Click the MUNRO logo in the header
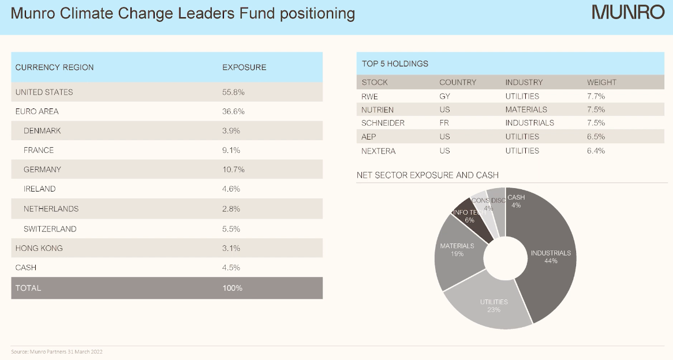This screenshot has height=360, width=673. tap(628, 12)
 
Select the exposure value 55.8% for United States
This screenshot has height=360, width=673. tap(234, 92)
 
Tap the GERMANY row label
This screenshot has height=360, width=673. tap(42, 170)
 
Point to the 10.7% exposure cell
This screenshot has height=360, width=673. tap(234, 170)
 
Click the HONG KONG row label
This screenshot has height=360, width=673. tap(39, 248)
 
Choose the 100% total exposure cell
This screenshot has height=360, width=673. tap(233, 288)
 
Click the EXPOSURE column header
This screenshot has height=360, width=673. tap(244, 67)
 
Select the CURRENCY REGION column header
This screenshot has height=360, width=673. tap(54, 67)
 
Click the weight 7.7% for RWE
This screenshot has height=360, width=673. tap(596, 96)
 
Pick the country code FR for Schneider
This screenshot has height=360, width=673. tap(444, 123)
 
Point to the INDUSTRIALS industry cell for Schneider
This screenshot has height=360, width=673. tap(529, 123)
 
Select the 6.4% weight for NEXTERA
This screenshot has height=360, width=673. tap(596, 151)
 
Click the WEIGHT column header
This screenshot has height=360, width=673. tap(601, 82)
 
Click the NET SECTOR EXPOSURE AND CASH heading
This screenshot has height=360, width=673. tap(427, 175)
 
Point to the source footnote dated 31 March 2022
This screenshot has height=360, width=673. tap(57, 351)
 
